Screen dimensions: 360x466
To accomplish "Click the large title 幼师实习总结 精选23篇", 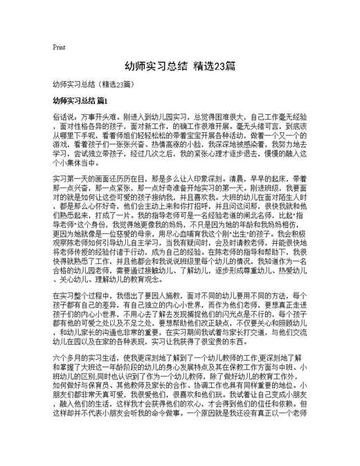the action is point(179,67).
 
